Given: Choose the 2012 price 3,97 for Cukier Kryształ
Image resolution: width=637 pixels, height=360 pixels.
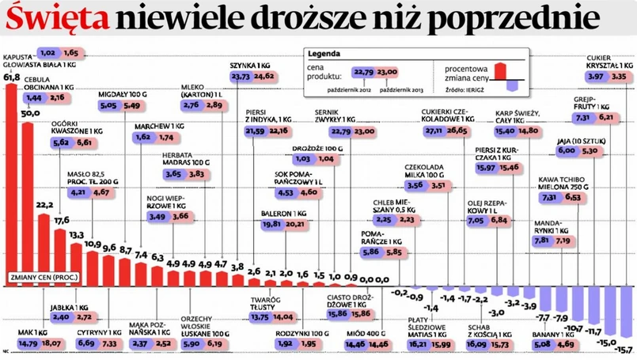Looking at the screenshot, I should (597, 77).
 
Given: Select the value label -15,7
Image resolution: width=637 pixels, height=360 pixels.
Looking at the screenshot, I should (626, 349).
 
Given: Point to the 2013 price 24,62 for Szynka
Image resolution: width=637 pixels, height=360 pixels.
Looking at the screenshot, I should (264, 77).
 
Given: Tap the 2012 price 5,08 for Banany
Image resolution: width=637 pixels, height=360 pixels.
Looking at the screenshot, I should (543, 344).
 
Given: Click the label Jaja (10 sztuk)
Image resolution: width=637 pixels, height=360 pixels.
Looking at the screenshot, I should (579, 139).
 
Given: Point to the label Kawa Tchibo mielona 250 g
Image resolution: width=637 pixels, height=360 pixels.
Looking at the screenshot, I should (562, 184).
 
